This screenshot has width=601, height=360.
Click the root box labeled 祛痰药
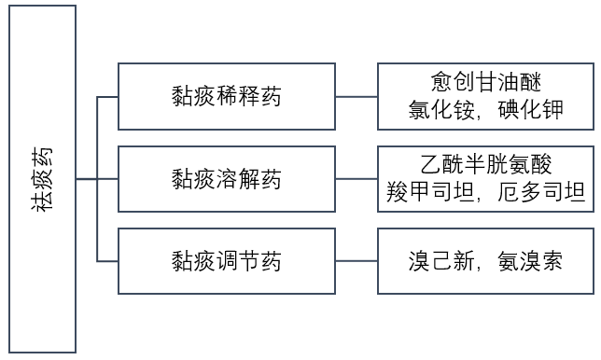pos(41,179)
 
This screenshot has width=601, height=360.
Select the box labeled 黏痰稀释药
pos(227,96)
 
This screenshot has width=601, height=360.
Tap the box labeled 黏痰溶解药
pos(227,179)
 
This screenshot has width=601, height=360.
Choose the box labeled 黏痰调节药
pos(227,262)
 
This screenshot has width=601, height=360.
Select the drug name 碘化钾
pos(528,110)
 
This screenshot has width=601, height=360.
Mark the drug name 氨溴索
pos(528,262)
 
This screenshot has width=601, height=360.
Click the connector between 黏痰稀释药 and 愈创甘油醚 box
pos(356,96)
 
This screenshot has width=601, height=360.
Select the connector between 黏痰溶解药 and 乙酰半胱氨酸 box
pos(356,179)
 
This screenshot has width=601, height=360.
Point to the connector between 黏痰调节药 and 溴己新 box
pos(356,262)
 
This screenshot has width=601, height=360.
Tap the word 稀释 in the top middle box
pos(227,96)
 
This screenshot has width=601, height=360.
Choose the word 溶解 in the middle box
pos(227,179)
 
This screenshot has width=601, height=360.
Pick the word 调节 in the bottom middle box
pos(227,262)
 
